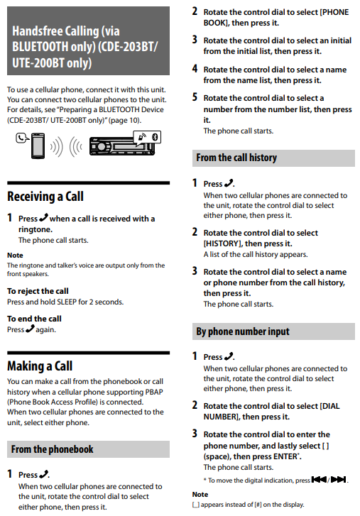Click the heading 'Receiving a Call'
[45, 197]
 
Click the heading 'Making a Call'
[40, 366]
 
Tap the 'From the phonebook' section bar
[88, 449]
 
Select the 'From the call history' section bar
[273, 158]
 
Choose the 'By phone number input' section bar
[273, 331]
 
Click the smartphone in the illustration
[38, 146]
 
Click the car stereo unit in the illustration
[121, 146]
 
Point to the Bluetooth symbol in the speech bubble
[155, 137]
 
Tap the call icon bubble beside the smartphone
[22, 138]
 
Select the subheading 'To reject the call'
[38, 291]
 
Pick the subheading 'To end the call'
[34, 319]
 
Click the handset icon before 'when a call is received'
[43, 218]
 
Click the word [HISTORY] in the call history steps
[222, 243]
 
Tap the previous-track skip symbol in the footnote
[319, 480]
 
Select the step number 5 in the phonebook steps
[195, 97]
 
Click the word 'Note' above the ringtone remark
[15, 255]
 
